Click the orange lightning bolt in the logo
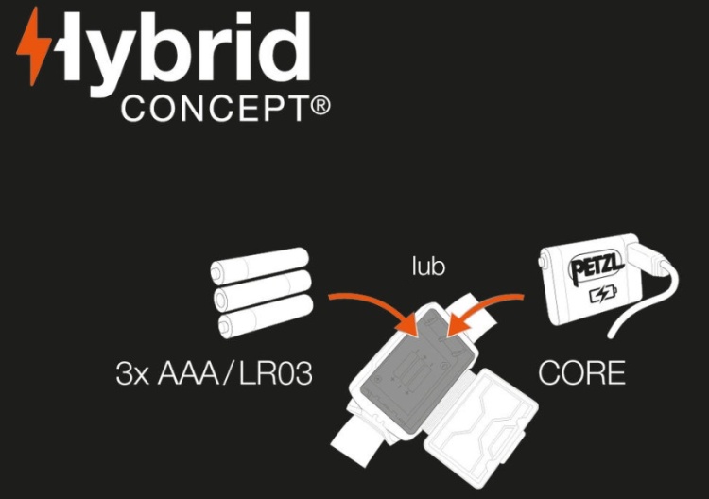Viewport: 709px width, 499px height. [33, 45]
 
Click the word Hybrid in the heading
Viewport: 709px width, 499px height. [181, 52]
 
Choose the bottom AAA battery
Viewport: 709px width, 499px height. [265, 316]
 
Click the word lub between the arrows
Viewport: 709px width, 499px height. [428, 266]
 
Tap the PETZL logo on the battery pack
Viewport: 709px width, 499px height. [597, 267]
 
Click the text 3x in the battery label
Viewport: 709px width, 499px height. [132, 374]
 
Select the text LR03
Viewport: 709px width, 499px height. [275, 374]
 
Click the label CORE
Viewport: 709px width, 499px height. [582, 373]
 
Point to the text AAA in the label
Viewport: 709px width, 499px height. [188, 374]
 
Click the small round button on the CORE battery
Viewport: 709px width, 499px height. [541, 262]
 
